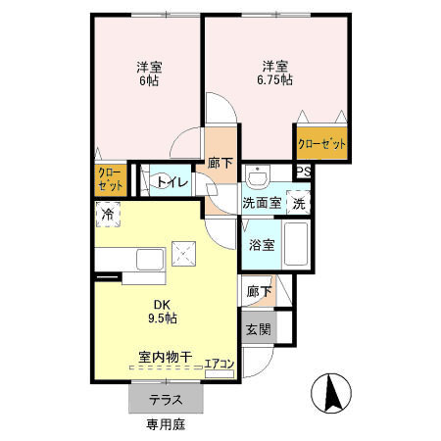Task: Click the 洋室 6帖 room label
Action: [149, 73]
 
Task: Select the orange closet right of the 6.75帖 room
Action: [322, 143]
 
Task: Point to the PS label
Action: [304, 171]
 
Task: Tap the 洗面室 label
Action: [262, 203]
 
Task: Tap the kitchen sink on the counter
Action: [150, 259]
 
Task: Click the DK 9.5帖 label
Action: [163, 311]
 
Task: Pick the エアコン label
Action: [219, 366]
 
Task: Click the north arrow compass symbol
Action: [330, 396]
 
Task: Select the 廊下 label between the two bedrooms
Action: [220, 163]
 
